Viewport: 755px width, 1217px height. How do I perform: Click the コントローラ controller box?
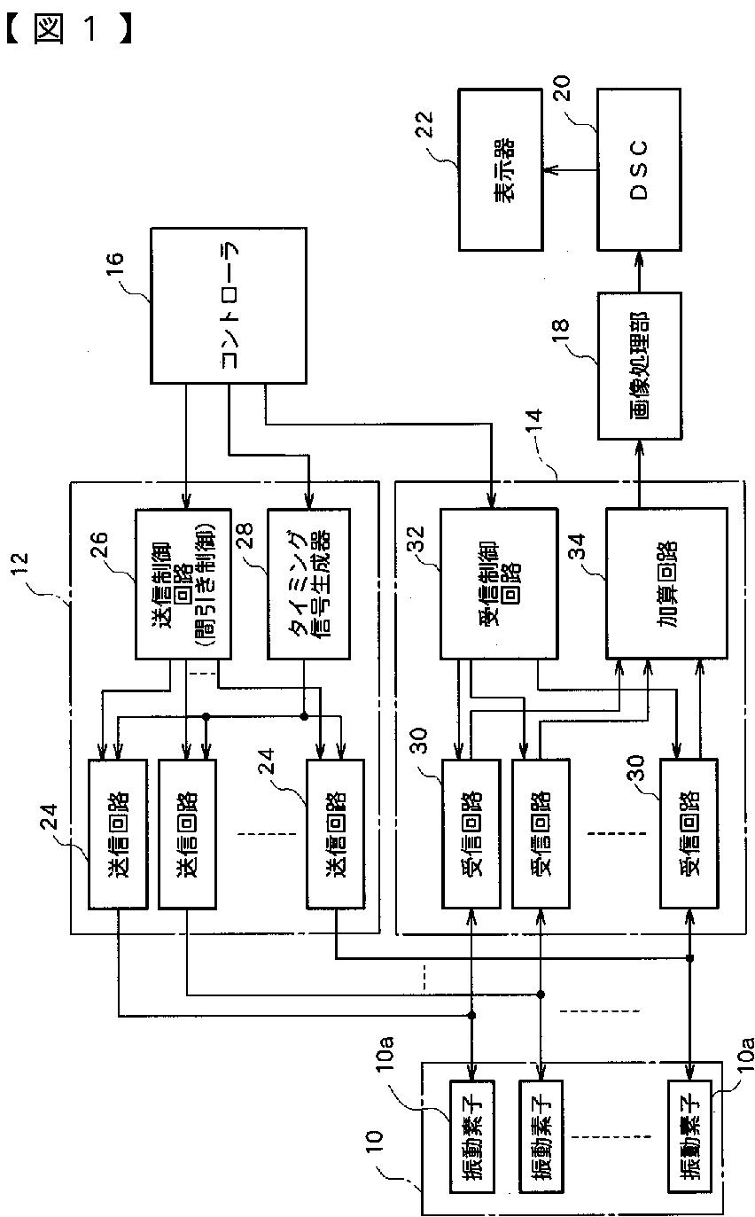229,306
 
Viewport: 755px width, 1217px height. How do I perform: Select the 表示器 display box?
501,169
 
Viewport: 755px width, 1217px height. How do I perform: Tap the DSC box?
639,169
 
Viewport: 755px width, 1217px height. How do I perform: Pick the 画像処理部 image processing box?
640,366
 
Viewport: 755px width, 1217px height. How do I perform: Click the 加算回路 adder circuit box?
666,583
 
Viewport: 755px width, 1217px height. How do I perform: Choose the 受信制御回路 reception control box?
499,583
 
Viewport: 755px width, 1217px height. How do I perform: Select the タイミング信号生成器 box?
308,583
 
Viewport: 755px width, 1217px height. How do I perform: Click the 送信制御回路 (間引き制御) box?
183,583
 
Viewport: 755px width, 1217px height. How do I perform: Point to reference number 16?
114,266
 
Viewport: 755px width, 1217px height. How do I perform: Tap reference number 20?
562,88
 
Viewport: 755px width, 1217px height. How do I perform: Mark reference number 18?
560,332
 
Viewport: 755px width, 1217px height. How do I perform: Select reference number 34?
577,546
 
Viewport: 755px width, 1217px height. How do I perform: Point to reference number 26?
99,545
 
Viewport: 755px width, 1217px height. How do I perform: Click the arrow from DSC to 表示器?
570,170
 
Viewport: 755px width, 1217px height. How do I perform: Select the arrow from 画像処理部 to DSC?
639,271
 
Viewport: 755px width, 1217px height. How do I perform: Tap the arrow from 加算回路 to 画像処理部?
639,473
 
